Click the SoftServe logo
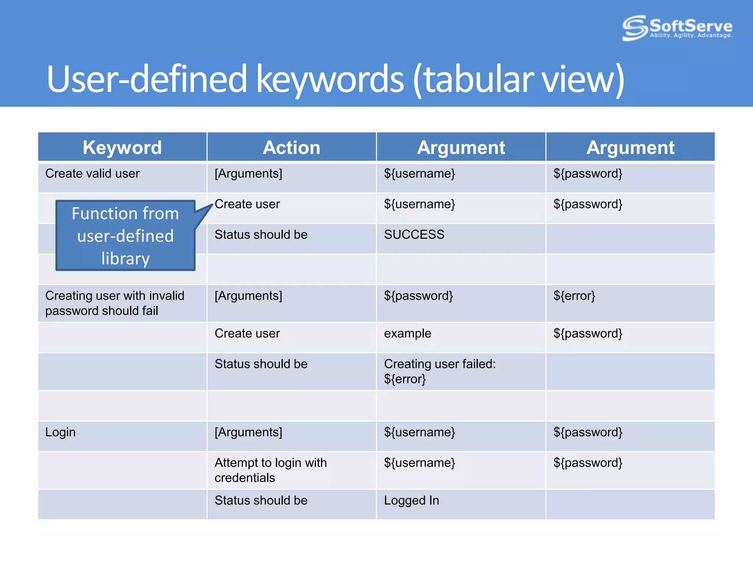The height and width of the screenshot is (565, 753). coord(677,28)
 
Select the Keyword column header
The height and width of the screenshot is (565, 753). coord(122,148)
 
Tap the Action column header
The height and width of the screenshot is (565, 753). coord(292,148)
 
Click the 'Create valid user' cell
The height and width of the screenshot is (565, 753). coord(92,174)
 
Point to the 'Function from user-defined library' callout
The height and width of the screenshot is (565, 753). coord(125,236)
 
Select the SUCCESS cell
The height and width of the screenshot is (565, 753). coord(414,235)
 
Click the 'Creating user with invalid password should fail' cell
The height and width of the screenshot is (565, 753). coord(115,303)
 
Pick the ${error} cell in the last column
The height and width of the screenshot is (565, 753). coord(574,296)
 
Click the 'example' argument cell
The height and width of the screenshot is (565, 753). coord(407,334)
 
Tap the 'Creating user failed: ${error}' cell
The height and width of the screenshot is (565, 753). coord(440,371)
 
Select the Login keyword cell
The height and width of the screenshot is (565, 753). coord(60,432)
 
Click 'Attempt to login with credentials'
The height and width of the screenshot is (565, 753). coord(271,470)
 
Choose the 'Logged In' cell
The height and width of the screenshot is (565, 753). coord(411,501)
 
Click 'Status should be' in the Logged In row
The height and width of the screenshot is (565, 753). coord(261,501)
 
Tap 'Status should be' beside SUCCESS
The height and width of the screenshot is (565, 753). coord(261,235)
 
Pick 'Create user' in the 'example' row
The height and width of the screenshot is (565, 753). coord(247,334)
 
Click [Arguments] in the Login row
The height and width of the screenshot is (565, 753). coord(249,432)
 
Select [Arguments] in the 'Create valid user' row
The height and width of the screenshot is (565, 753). coord(249,174)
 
